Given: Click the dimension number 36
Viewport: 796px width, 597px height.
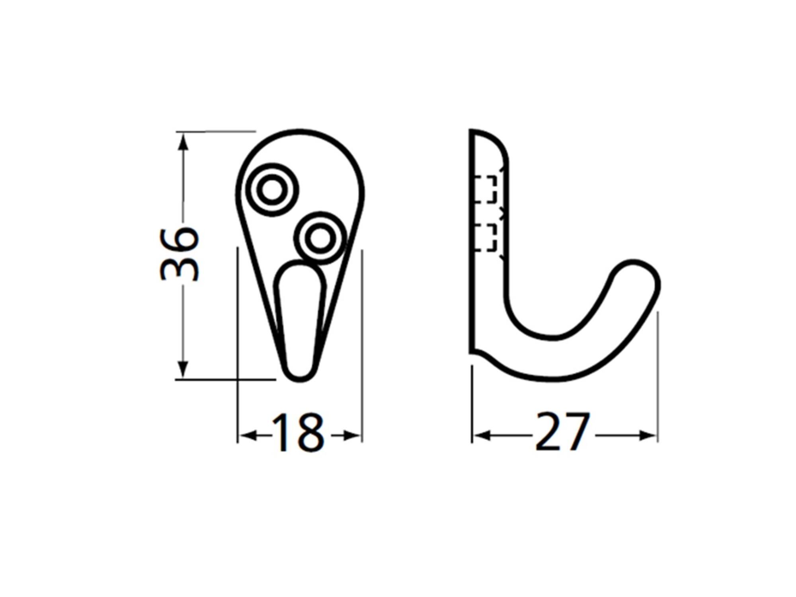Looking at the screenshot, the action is (x=179, y=254).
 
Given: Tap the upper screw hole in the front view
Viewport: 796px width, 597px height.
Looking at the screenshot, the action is (x=272, y=190).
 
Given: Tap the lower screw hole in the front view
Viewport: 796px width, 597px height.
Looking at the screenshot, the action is (x=320, y=238).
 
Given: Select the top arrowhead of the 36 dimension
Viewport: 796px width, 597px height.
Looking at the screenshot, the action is (x=183, y=141).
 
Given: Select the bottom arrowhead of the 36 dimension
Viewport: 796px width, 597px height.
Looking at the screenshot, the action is (x=183, y=369).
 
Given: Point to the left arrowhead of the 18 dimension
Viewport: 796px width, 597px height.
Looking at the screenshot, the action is (x=248, y=435).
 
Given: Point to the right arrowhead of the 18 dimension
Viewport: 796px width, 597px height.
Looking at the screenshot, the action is (x=351, y=435).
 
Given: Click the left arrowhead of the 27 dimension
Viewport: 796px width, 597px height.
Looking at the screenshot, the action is (x=482, y=435).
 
